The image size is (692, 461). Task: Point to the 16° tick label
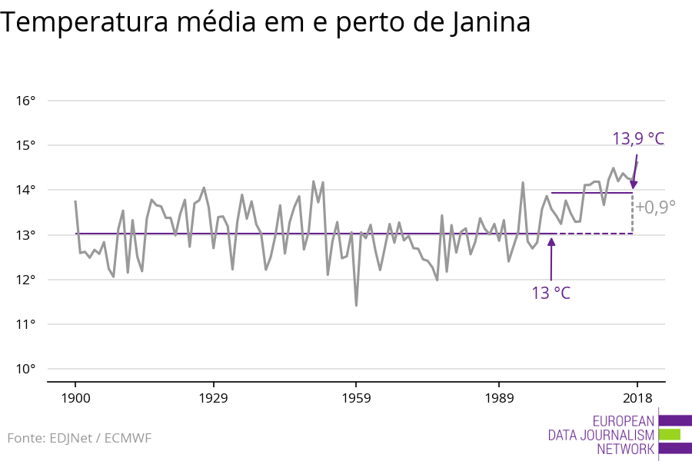(25, 101)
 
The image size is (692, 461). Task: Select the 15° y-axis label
(25, 145)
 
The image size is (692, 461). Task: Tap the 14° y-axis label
(25, 190)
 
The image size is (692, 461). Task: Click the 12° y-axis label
(25, 280)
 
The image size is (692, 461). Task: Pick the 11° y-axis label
(25, 324)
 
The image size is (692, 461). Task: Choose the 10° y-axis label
(25, 369)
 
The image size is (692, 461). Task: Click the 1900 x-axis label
(75, 398)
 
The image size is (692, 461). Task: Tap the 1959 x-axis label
(356, 398)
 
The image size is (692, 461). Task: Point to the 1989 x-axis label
(499, 398)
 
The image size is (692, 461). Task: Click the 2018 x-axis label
(637, 398)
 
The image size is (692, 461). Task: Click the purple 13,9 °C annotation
(637, 139)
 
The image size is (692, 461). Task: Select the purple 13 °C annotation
(551, 293)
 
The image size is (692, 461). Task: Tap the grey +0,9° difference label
(655, 206)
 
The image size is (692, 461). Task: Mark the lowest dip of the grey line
(356, 305)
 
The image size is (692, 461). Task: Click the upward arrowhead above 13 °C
(551, 242)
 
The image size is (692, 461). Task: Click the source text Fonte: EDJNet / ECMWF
(79, 438)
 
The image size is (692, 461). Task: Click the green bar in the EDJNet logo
(669, 434)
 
